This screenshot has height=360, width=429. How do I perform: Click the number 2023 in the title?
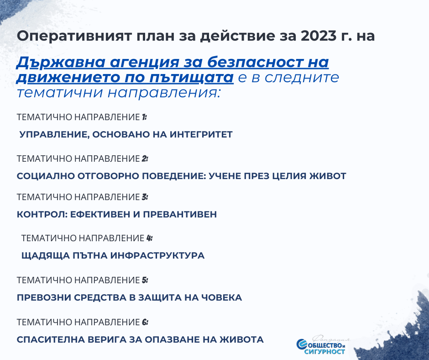[x=319, y=36]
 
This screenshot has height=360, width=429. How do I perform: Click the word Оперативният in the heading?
[x=74, y=37]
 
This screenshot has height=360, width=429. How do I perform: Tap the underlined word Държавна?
[x=61, y=63]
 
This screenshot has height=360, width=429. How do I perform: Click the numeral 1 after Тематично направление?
[x=144, y=117]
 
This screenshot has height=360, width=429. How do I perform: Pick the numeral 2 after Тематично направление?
[x=145, y=159]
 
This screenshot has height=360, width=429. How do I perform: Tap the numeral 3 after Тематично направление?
[x=145, y=197]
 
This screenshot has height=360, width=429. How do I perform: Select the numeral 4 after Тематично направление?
[x=149, y=238]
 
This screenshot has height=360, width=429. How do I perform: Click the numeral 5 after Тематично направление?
[x=145, y=280]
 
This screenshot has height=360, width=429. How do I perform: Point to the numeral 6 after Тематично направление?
[x=145, y=322]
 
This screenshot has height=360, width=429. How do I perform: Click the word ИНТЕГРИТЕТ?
[x=201, y=134]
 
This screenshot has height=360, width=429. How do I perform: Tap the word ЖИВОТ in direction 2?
[x=328, y=176]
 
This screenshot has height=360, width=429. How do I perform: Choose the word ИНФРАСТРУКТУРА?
[x=157, y=256]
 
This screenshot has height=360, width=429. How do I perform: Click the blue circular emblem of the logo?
[x=302, y=344]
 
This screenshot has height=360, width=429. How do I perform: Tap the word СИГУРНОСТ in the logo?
[x=324, y=351]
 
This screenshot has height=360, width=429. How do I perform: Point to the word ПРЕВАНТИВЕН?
[x=180, y=214]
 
